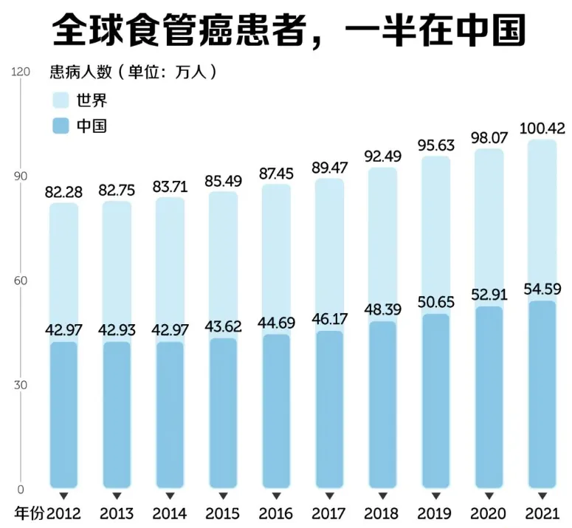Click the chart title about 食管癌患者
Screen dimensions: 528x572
pyautogui.click(x=289, y=32)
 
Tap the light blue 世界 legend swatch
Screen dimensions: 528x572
pyautogui.click(x=63, y=100)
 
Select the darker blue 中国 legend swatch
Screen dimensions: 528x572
pyautogui.click(x=63, y=126)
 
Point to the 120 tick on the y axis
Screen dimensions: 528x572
pyautogui.click(x=20, y=72)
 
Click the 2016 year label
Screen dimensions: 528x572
pyautogui.click(x=276, y=513)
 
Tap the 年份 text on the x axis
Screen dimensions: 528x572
pyautogui.click(x=30, y=513)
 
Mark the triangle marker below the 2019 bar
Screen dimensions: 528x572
pyautogui.click(x=436, y=496)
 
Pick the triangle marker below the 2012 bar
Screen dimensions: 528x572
pyautogui.click(x=63, y=496)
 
